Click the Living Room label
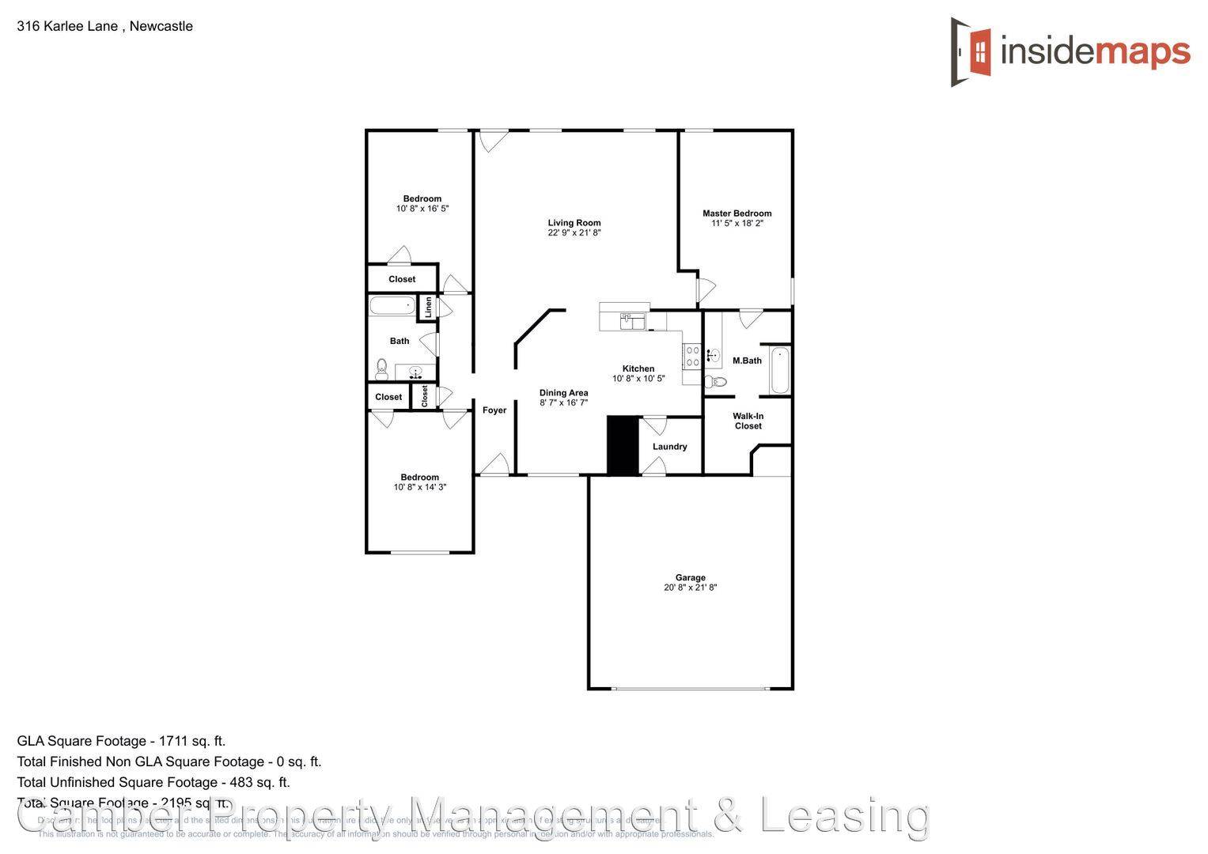(x=574, y=223)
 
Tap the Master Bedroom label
(x=737, y=213)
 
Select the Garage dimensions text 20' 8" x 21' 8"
(x=690, y=588)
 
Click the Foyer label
(x=494, y=410)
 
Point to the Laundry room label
(x=669, y=447)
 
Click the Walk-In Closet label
(x=748, y=421)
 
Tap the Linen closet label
(x=428, y=307)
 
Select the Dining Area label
(x=563, y=393)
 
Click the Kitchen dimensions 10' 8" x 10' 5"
(x=638, y=379)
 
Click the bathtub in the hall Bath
(x=392, y=306)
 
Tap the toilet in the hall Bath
(x=382, y=368)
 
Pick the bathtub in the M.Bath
(x=779, y=370)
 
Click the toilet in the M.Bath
(x=716, y=383)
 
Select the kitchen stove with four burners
(x=691, y=356)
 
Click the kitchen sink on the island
(x=632, y=320)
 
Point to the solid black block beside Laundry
(x=623, y=445)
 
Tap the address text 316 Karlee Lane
(x=67, y=26)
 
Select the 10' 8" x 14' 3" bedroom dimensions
(x=419, y=487)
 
